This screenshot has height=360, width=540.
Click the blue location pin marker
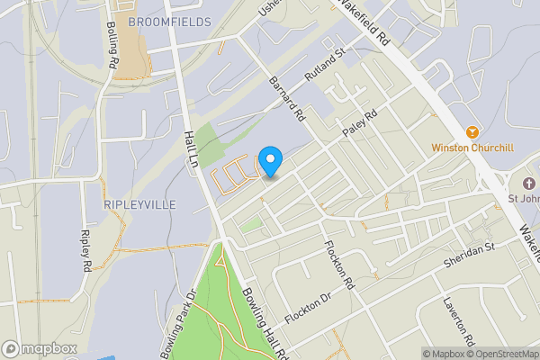coord(270,161)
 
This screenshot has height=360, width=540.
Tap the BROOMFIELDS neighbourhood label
coord(169,21)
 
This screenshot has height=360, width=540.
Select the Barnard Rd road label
coord(287,99)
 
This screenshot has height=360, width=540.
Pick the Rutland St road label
coord(325,65)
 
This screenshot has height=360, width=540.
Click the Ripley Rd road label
coord(87,251)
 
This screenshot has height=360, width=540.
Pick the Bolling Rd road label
coord(112,47)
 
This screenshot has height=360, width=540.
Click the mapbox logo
coord(40,348)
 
